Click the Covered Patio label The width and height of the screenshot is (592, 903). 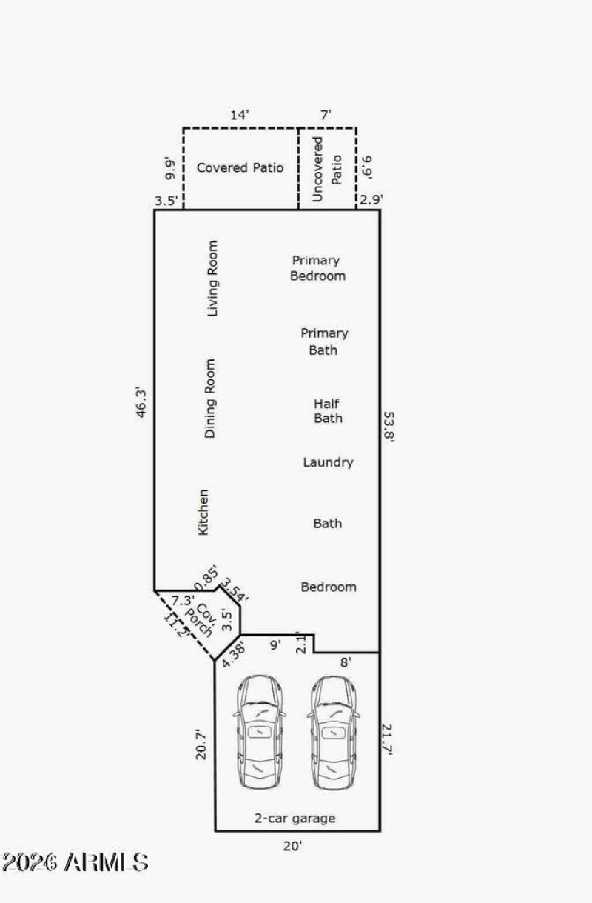pos(240,167)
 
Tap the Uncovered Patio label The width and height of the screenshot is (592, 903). pos(326,169)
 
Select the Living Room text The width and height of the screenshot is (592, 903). pos(212,278)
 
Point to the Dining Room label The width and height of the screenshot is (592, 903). pos(210,399)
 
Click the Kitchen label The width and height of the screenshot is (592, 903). pos(203,513)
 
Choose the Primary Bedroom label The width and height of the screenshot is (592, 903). pos(317,268)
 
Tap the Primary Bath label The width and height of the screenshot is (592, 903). pos(324,341)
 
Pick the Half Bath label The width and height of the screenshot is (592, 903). pos(328,411)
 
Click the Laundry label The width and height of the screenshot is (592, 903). pos(328,462)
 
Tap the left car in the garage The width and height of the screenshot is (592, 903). pos(260,732)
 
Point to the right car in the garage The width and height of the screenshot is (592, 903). pos(334,732)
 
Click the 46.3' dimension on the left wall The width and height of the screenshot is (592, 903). pos(141,403)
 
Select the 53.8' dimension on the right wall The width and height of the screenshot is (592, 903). pos(389,427)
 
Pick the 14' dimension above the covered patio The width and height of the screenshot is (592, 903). pos(240,116)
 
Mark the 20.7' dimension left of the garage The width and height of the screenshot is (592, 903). pos(201,744)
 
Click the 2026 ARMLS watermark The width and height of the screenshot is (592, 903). pos(75,862)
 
